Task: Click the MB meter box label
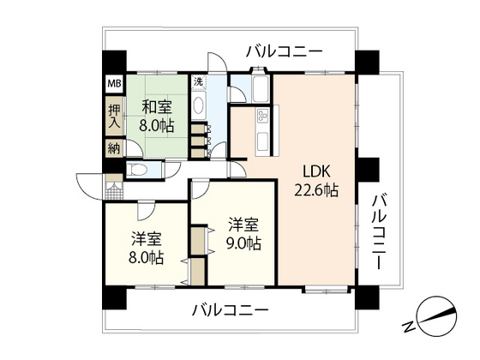click(x=115, y=84)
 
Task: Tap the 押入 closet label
click(x=115, y=116)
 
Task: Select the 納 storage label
click(x=114, y=149)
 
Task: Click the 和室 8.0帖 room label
click(x=157, y=117)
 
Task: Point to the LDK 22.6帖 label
click(x=316, y=181)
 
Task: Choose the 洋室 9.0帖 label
click(x=243, y=234)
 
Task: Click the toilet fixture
click(x=137, y=170)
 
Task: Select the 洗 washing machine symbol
click(x=199, y=81)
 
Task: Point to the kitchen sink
click(x=262, y=141)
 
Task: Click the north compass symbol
click(x=437, y=316)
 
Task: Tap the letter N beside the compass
click(x=408, y=327)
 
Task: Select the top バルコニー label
click(x=285, y=51)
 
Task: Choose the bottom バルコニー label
click(x=231, y=310)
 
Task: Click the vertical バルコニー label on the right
click(x=380, y=231)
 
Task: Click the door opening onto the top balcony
click(x=217, y=63)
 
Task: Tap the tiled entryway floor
click(x=114, y=191)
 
